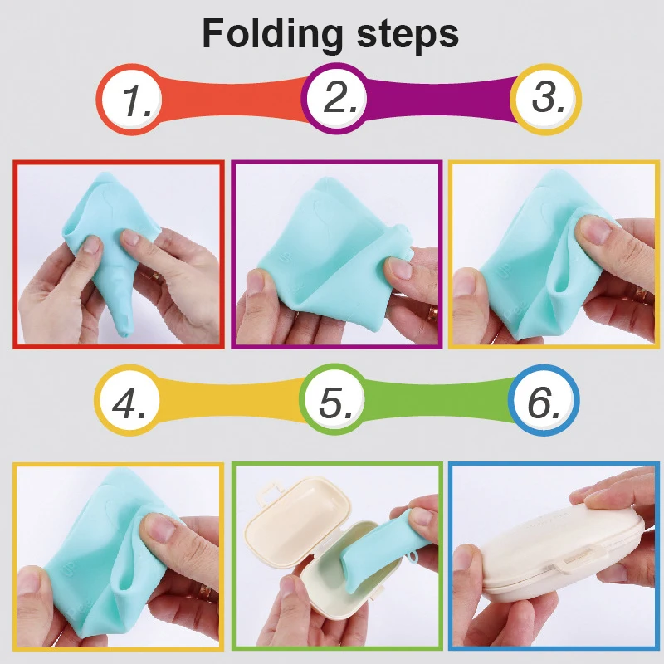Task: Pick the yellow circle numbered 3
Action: pyautogui.click(x=545, y=99)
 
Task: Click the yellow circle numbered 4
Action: pyautogui.click(x=132, y=402)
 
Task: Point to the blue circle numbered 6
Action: pyautogui.click(x=544, y=402)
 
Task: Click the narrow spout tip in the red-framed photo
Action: pyautogui.click(x=124, y=330)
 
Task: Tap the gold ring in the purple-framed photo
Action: pyautogui.click(x=432, y=314)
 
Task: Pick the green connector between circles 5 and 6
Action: pyautogui.click(x=440, y=399)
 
